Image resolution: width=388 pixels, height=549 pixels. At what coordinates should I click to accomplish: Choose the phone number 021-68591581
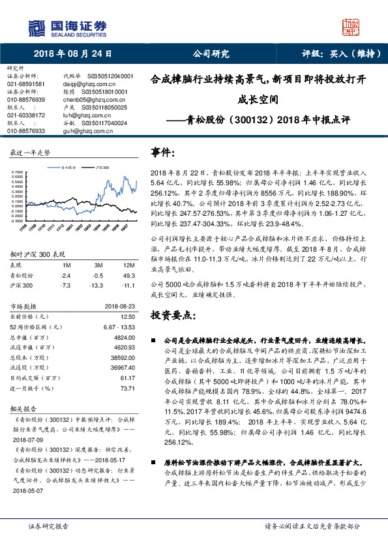point(26,84)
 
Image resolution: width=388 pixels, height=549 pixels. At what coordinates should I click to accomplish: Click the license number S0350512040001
point(106,76)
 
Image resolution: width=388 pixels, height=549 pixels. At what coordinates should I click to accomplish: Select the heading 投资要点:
point(173,316)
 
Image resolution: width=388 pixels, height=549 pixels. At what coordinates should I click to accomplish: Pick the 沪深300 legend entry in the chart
point(102,168)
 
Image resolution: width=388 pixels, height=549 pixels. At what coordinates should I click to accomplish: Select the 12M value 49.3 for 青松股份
point(128,276)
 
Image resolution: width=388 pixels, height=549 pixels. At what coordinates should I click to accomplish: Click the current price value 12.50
point(127,316)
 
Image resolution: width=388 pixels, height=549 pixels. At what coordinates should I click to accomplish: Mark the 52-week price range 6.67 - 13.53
point(119,325)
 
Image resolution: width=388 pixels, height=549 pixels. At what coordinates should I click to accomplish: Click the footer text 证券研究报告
point(47,526)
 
